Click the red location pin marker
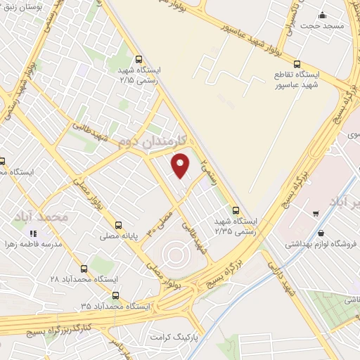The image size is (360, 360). [181, 165]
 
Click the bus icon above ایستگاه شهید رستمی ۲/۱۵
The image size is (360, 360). [139, 60]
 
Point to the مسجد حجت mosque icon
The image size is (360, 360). [322, 15]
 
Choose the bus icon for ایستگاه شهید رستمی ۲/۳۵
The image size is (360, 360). [236, 210]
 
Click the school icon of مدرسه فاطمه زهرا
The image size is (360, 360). [32, 233]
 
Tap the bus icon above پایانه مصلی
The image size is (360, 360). [122, 227]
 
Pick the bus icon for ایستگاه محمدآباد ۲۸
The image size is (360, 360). [84, 269]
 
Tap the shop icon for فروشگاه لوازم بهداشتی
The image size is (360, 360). [321, 233]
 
